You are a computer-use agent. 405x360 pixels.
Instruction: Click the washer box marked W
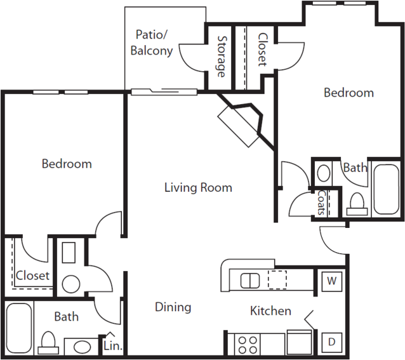[332, 281]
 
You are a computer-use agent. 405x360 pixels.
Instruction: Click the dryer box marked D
[332, 342]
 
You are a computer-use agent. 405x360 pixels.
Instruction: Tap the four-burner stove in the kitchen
[248, 345]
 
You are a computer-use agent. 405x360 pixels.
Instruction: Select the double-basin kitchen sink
[250, 281]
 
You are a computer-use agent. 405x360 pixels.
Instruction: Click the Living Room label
[198, 187]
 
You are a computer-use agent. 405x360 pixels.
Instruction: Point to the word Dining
[173, 307]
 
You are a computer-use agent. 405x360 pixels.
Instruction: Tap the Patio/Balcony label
[152, 43]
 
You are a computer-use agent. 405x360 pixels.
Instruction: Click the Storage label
[221, 57]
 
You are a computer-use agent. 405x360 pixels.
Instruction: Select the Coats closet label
[321, 203]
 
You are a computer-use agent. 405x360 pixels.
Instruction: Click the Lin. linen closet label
[113, 346]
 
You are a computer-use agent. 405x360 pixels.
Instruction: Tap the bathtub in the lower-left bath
[19, 328]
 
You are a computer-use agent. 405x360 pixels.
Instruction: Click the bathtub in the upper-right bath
[386, 189]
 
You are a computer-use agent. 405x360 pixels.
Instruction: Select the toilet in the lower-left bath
[48, 342]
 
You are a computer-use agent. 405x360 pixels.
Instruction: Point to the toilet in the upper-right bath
[357, 204]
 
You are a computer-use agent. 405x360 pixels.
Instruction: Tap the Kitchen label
[270, 310]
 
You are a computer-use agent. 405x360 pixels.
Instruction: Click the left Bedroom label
[67, 164]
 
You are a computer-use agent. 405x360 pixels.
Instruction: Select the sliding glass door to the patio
[164, 91]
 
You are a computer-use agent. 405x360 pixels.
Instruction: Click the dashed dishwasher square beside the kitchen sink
[277, 280]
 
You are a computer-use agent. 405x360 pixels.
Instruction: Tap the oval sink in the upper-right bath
[323, 173]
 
